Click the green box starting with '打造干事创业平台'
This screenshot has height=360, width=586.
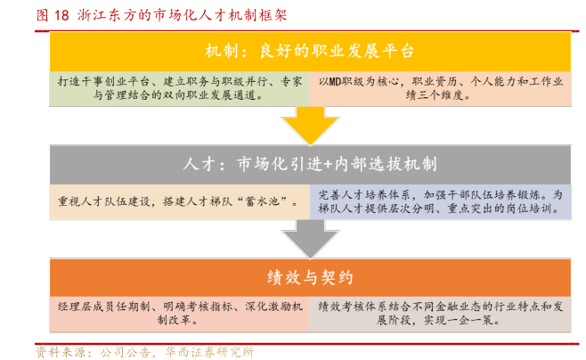point(178,89)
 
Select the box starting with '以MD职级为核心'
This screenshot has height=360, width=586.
point(439,89)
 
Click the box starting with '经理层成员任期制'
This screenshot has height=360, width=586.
point(178,312)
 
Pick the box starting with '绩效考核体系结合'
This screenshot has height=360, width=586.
point(439,312)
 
